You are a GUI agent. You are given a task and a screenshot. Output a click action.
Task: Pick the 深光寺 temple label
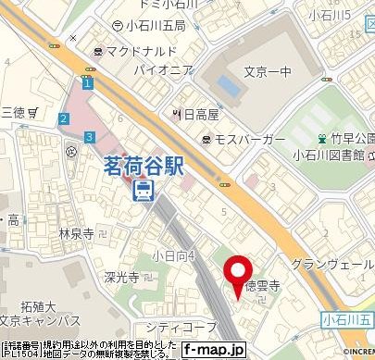click(x=120, y=277)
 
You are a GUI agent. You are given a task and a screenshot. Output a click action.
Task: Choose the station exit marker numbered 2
click(x=63, y=118)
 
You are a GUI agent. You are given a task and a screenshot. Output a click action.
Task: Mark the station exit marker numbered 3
click(x=88, y=137)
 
